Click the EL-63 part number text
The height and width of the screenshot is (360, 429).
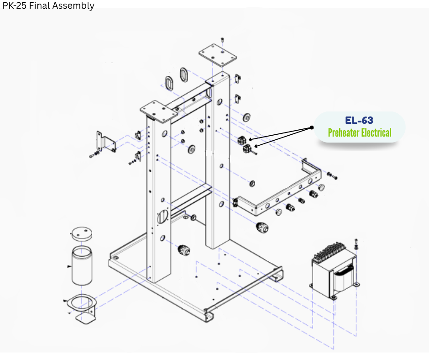(359, 121)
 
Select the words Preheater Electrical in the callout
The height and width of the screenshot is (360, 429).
(359, 133)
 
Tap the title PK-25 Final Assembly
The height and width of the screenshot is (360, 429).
(48, 5)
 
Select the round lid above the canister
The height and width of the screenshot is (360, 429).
(82, 233)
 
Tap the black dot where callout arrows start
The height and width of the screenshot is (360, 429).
(312, 127)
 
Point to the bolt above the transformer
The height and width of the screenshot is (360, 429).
(356, 242)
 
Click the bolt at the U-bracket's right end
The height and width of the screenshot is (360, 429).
(332, 175)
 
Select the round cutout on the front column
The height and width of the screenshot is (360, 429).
(162, 216)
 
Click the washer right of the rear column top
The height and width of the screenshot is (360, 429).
(247, 117)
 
